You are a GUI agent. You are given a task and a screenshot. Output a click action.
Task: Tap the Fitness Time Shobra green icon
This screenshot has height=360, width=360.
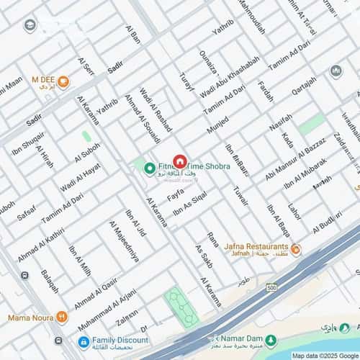tap(150, 168)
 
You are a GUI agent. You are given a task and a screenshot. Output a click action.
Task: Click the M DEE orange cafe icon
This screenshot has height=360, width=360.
tap(63, 81)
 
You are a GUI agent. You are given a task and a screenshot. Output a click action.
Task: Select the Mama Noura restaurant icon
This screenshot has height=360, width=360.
tap(61, 316)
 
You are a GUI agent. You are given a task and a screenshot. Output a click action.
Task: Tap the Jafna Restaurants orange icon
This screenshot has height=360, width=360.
tap(295, 249)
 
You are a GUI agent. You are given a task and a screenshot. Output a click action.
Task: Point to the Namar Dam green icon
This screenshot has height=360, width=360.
tap(271, 340)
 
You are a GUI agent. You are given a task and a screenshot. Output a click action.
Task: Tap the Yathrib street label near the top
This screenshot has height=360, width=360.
tap(222, 30)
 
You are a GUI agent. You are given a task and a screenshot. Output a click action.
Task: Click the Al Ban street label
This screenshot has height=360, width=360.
tap(133, 36)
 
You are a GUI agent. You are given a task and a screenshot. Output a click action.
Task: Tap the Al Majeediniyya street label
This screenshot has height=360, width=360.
tap(124, 240)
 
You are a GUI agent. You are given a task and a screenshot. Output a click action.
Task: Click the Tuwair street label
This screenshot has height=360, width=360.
tap(240, 196)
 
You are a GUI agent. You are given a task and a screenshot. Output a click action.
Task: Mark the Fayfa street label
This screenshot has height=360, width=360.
tap(175, 194)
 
